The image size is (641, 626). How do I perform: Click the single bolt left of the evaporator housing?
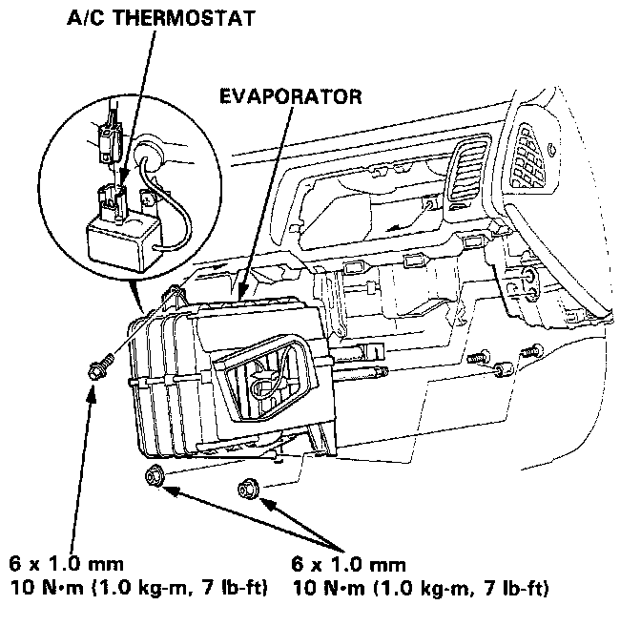click(x=98, y=366)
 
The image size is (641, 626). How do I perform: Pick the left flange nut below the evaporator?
click(x=155, y=476)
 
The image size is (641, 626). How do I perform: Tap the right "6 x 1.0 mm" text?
click(x=348, y=564)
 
